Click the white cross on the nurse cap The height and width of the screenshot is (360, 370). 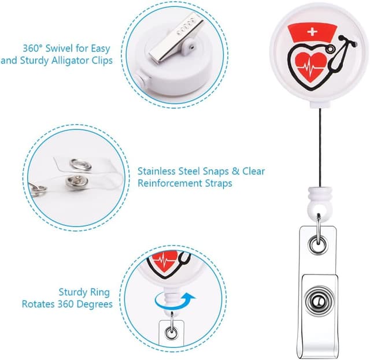tap(312, 32)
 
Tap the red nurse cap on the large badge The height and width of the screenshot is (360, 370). tap(312, 32)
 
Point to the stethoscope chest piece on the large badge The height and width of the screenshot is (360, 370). tap(331, 49)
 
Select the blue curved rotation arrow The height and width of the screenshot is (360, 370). tap(175, 302)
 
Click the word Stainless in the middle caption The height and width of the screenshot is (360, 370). tap(157, 171)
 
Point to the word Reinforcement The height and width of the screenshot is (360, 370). tap(170, 183)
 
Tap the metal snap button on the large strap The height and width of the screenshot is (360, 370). tap(319, 301)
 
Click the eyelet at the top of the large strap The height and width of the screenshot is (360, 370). tap(319, 246)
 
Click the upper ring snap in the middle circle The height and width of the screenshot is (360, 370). tap(81, 164)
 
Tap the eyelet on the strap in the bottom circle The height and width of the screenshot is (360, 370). tap(172, 333)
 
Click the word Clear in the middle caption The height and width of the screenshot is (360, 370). tap(254, 171)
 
